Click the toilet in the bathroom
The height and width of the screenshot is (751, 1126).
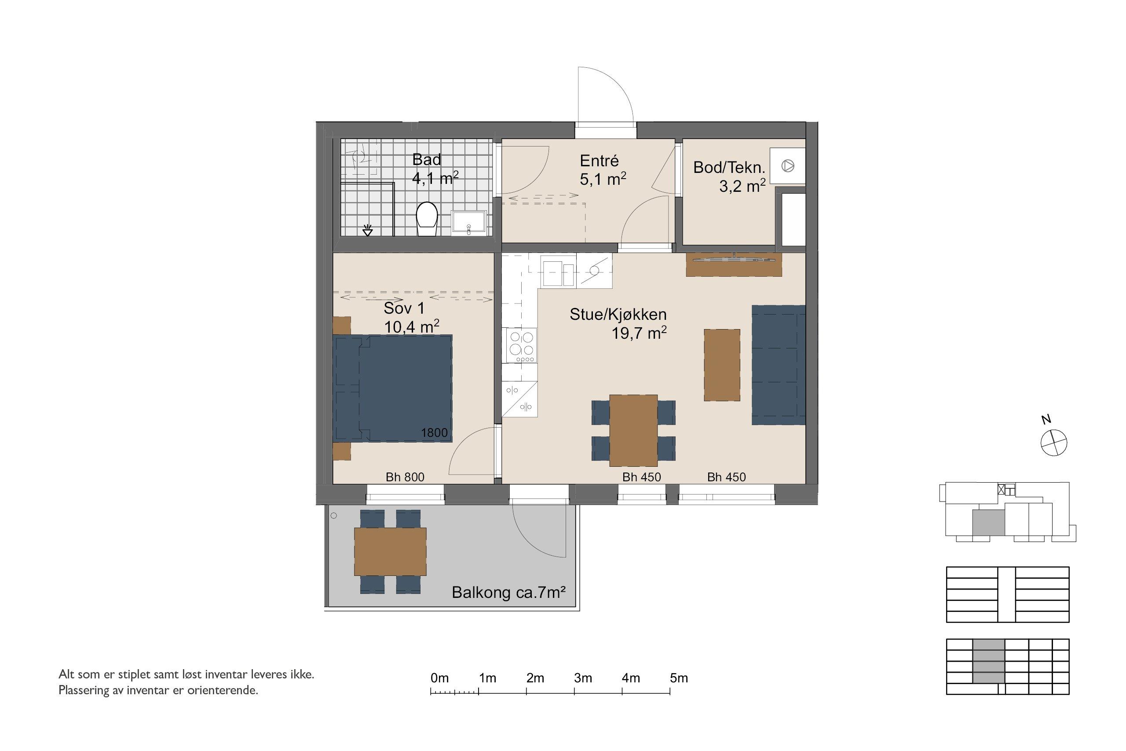pyautogui.click(x=427, y=219)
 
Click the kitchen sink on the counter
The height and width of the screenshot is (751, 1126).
pyautogui.click(x=558, y=271)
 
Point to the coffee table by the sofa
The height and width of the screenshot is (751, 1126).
pyautogui.click(x=721, y=365)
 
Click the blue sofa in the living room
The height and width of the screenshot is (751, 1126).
pyautogui.click(x=779, y=365)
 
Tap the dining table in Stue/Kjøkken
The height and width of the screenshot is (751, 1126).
pyautogui.click(x=633, y=430)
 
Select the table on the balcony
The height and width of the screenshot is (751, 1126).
pyautogui.click(x=390, y=551)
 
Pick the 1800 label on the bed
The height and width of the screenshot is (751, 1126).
pyautogui.click(x=434, y=433)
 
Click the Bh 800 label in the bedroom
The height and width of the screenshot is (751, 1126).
pyautogui.click(x=405, y=477)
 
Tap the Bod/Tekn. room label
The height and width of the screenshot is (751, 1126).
pyautogui.click(x=729, y=168)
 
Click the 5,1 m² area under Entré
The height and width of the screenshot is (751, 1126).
pyautogui.click(x=603, y=179)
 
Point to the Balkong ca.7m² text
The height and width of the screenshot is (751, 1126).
pyautogui.click(x=509, y=593)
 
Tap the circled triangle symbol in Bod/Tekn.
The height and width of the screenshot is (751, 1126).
pyautogui.click(x=787, y=166)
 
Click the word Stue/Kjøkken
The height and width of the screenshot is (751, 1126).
pyautogui.click(x=618, y=314)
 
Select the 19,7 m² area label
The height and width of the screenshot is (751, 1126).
pyautogui.click(x=639, y=333)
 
